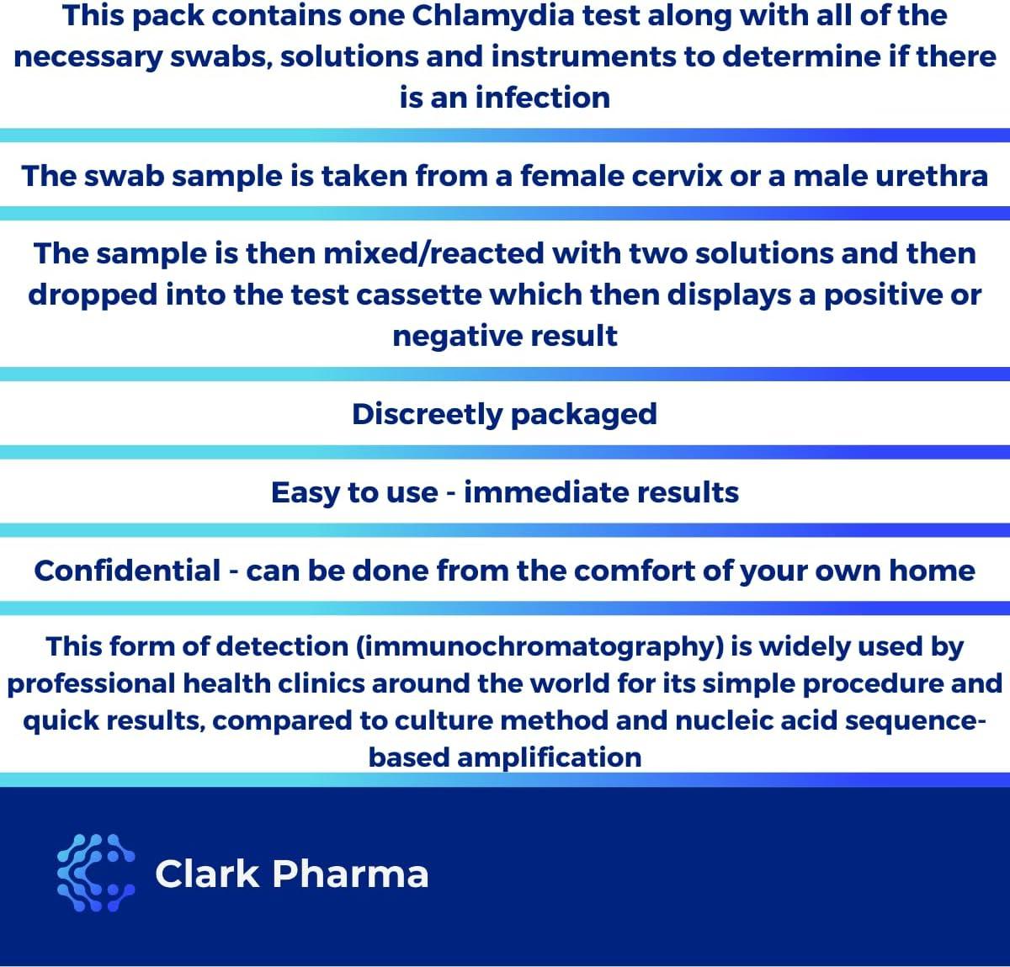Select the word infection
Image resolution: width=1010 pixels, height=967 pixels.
542,98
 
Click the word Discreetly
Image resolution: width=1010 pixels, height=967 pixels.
427,414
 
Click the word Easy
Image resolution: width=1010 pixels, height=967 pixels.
306,492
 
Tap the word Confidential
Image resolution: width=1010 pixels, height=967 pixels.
127,571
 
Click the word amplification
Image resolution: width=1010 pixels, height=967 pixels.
549,757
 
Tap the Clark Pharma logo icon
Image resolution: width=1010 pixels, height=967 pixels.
95,873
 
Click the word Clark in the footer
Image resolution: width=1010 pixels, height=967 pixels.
207,874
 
